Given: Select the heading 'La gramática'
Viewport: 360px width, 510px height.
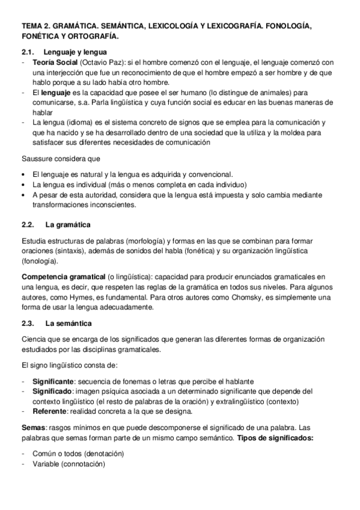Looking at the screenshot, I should point(68,225).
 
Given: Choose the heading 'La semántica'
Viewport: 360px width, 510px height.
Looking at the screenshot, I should point(69,323).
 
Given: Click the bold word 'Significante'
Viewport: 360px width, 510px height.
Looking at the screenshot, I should point(53,381).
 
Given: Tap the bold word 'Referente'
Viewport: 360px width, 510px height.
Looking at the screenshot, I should point(50,411).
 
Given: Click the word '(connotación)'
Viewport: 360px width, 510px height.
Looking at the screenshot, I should point(85,464).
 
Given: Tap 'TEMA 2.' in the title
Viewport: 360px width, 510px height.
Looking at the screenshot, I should point(35,27).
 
